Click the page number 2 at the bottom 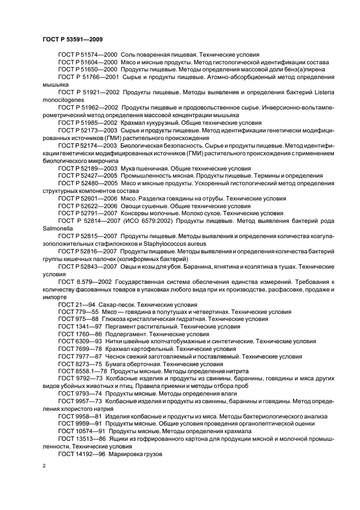[x=44, y=465]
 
